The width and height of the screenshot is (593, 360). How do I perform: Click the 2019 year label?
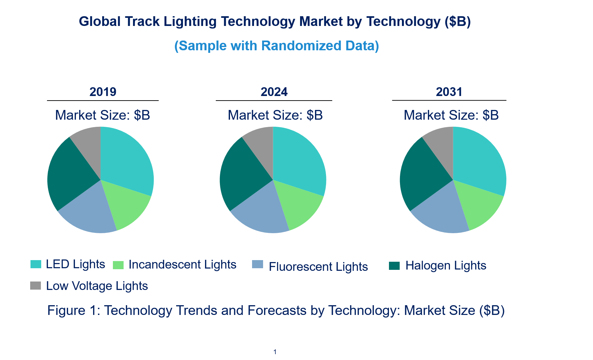point(103,92)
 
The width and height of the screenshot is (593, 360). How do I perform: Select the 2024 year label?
point(274,92)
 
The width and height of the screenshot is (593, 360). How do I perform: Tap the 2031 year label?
point(449,92)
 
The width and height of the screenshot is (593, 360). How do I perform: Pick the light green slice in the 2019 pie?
point(127,204)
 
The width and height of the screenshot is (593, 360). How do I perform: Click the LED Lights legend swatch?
point(36,264)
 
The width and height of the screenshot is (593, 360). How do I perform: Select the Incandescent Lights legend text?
point(182,265)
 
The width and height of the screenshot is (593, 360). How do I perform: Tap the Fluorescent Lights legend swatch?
point(258,264)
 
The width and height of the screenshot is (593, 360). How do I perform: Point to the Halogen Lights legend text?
point(446,266)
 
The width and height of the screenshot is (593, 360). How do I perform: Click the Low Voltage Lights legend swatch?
point(36,285)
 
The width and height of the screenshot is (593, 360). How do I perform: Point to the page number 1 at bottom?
point(275,352)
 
